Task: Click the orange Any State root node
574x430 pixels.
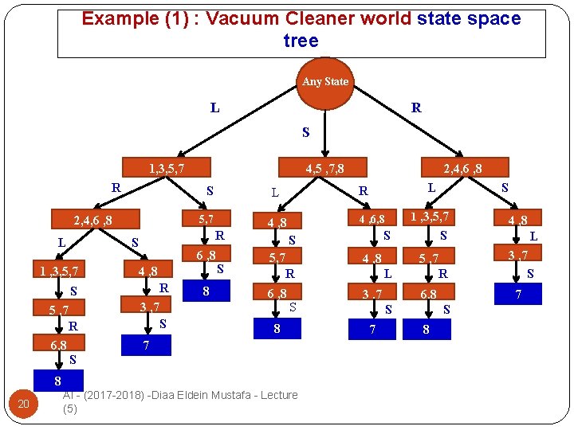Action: click(325, 82)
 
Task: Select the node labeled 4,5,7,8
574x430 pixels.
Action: click(325, 168)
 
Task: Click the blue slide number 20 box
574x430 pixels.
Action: click(23, 405)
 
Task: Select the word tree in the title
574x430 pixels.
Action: click(301, 41)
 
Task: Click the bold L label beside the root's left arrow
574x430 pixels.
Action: click(215, 107)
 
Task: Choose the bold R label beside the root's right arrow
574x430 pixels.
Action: click(416, 107)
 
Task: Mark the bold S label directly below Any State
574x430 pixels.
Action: click(305, 132)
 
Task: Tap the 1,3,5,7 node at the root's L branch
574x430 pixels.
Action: click(167, 168)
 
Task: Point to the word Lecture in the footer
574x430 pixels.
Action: click(275, 395)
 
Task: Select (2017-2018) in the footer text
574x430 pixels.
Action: click(117, 395)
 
